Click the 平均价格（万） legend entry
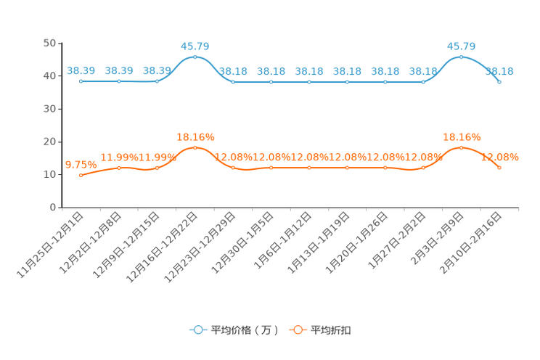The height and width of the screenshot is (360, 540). pos(234,330)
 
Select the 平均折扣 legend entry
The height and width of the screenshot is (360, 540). pos(320,330)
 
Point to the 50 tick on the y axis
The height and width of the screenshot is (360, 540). pos(49,43)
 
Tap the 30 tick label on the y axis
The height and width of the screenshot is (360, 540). pos(49,109)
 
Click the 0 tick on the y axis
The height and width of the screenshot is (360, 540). pos(53,207)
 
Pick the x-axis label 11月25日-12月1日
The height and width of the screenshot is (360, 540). pos(50,245)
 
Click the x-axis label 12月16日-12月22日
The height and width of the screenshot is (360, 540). pos(162,247)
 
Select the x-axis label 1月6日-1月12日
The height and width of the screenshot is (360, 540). pos(282,240)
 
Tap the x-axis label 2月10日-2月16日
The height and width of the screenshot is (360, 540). pos(470,243)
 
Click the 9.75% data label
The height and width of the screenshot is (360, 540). pos(81,165)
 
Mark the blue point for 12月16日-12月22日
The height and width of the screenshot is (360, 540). pos(195,57)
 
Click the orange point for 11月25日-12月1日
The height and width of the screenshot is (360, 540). pos(81,176)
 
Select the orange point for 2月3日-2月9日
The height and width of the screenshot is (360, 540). pos(461,148)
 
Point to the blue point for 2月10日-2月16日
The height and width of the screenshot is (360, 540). pos(499,82)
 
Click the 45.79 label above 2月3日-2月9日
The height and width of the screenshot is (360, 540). pos(461,46)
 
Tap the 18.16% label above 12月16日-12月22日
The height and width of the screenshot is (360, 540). pos(195,137)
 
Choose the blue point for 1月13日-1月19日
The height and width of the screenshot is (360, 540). pos(347,82)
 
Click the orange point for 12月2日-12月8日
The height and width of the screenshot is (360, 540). pos(119,168)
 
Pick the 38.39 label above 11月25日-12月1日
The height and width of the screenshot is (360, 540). pos(81,70)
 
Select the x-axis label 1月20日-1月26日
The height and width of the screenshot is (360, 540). pos(356,242)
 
